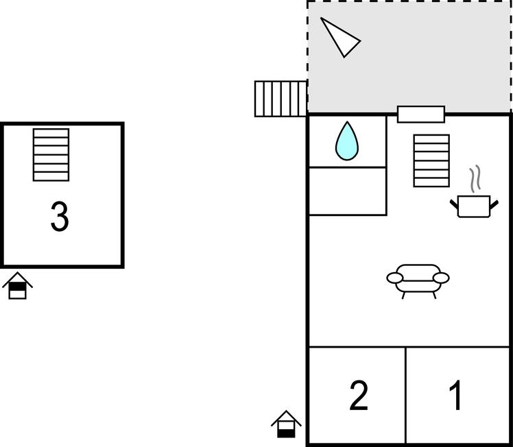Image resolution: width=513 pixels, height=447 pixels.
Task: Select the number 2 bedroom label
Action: pos(359,396)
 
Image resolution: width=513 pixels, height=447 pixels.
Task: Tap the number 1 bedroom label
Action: pos(455,396)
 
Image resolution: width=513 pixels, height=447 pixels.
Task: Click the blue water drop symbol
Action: pos(347,141)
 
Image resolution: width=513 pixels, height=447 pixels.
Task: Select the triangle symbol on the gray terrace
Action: pos(339,38)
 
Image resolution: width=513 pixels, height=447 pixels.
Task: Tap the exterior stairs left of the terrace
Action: pos(281,99)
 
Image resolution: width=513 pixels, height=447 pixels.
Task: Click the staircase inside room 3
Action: pos(51,154)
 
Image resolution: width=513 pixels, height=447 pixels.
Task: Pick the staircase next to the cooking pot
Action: pos(431,160)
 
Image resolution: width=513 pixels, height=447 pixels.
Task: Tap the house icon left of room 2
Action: pos(286,424)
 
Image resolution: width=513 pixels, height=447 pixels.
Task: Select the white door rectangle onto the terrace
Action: pos(421,114)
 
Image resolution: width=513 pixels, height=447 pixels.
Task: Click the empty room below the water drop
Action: pos(347,191)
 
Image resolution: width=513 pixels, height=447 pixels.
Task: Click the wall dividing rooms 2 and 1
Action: pos(406,395)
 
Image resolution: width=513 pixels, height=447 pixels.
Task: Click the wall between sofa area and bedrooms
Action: pos(409,347)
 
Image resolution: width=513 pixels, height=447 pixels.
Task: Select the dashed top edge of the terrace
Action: pos(409,1)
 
